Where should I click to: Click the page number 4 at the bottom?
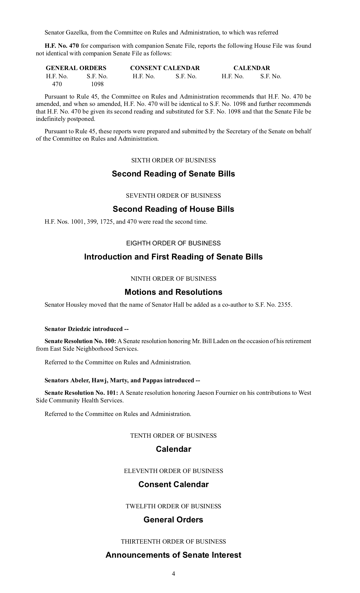tap(173, 574)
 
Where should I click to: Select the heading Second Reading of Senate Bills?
tap(173, 174)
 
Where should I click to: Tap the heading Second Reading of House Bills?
tap(173, 209)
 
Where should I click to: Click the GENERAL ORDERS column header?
tap(76, 68)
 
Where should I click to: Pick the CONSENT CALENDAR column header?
tap(165, 68)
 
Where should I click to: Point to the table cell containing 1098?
tap(97, 84)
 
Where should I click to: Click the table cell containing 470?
tap(57, 84)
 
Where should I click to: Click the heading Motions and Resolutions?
tap(173, 292)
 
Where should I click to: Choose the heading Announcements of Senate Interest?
tap(173, 555)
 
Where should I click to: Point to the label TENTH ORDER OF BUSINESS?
tap(173, 436)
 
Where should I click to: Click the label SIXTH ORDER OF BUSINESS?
tap(173, 160)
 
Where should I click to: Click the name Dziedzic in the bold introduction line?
tap(80, 329)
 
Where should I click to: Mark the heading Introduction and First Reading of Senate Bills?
tap(173, 257)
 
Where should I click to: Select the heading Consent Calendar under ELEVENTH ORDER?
tap(173, 484)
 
